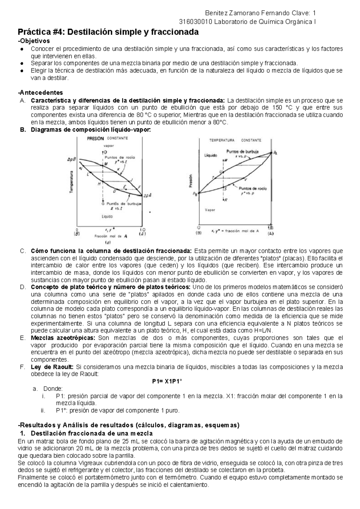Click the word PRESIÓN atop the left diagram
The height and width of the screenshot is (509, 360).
[x=95, y=139]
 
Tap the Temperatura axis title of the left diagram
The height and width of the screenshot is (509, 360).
[x=72, y=182]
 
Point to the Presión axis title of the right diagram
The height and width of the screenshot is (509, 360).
[x=190, y=181]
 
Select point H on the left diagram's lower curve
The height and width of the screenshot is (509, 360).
[x=99, y=184]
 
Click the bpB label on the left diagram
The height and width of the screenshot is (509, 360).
[x=71, y=160]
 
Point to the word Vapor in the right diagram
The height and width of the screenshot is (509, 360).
[x=210, y=210]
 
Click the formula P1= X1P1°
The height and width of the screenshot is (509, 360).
[x=167, y=381]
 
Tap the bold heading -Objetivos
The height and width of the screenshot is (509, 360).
[x=34, y=40]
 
